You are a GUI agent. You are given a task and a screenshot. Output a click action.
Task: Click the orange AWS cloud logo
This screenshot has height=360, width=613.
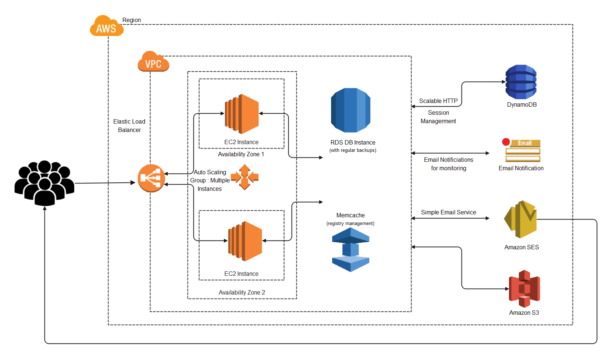(106, 26)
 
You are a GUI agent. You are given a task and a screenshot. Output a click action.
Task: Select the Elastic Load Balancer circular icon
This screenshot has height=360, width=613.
(151, 178)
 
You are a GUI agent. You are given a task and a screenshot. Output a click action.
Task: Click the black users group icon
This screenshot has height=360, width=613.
(44, 183)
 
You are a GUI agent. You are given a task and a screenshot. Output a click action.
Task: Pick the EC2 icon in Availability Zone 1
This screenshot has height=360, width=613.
(242, 114)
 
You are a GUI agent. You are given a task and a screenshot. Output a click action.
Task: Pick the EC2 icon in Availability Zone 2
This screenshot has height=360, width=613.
(245, 241)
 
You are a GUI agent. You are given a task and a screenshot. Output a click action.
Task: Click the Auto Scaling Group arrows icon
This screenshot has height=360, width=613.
(245, 177)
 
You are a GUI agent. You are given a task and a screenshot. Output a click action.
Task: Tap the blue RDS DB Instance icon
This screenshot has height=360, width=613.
(350, 110)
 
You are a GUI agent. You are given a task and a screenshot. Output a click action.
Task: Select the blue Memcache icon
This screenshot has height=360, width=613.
(350, 250)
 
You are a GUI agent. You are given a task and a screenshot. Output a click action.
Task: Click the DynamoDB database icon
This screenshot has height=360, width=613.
(521, 82)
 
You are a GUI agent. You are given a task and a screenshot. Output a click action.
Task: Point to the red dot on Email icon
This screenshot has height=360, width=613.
(506, 142)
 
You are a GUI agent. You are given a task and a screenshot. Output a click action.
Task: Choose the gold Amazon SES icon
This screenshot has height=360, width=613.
(520, 220)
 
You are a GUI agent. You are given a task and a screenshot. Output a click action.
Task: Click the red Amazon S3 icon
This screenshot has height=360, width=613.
(524, 289)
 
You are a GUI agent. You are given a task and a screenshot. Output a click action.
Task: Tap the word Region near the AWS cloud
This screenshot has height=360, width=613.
(132, 20)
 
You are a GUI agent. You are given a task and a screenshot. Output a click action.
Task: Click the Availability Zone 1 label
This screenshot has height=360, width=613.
(241, 154)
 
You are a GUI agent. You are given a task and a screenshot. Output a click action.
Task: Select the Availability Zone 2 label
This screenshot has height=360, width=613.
(242, 292)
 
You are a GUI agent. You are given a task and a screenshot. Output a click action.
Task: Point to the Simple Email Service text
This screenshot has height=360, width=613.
(448, 212)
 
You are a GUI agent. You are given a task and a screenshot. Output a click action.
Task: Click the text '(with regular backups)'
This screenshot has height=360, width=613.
(353, 150)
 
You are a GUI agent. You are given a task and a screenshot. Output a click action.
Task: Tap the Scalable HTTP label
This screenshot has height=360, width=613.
(438, 101)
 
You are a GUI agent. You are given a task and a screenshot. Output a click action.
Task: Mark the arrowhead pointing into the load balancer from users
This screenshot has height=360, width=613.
(133, 182)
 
